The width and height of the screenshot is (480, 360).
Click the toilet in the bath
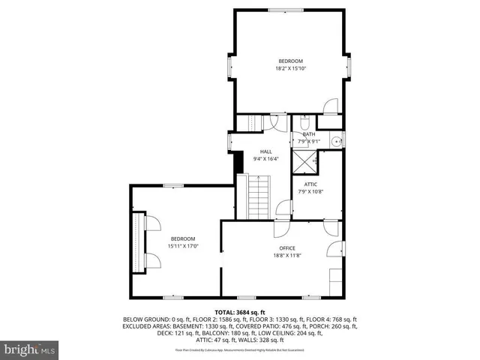303,121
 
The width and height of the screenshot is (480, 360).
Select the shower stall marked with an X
304,159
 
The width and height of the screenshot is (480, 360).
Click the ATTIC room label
310,184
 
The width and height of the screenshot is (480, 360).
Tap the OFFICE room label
287,248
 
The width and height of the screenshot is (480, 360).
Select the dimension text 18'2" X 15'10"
290,68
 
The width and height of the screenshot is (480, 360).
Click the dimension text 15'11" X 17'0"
182,245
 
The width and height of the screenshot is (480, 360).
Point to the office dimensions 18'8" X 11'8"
287,255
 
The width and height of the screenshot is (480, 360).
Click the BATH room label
309,134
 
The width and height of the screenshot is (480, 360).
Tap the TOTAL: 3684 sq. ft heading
240,312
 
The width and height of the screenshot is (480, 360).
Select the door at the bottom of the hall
282,210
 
